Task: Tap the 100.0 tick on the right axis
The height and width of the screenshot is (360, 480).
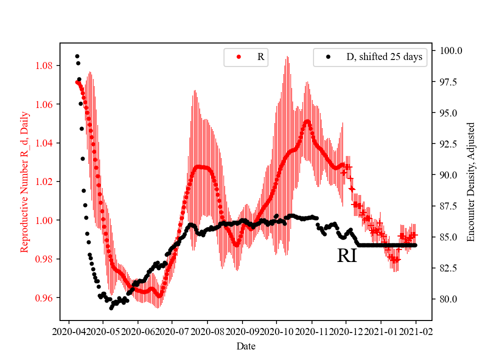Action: (x=450, y=50)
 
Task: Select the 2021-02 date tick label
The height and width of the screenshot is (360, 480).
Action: (x=415, y=331)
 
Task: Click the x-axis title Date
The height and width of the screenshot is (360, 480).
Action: (x=245, y=345)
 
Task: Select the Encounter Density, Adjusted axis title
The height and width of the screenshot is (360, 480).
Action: (x=470, y=182)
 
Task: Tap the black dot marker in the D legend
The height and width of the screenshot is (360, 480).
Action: (x=328, y=57)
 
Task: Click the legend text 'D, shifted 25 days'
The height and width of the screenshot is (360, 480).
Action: (x=384, y=57)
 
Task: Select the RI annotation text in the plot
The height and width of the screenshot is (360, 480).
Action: (x=346, y=255)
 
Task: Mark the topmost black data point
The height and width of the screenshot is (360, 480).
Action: (x=77, y=56)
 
